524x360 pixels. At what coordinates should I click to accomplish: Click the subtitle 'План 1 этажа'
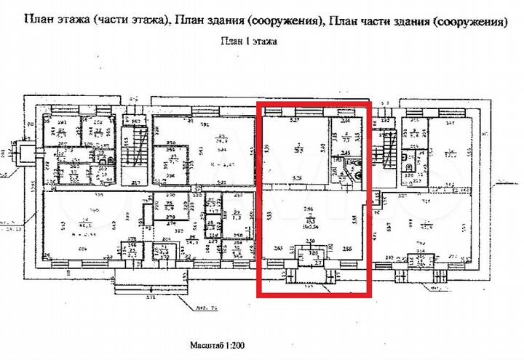(x=249, y=41)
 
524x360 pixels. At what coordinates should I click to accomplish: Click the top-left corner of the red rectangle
(x=258, y=102)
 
